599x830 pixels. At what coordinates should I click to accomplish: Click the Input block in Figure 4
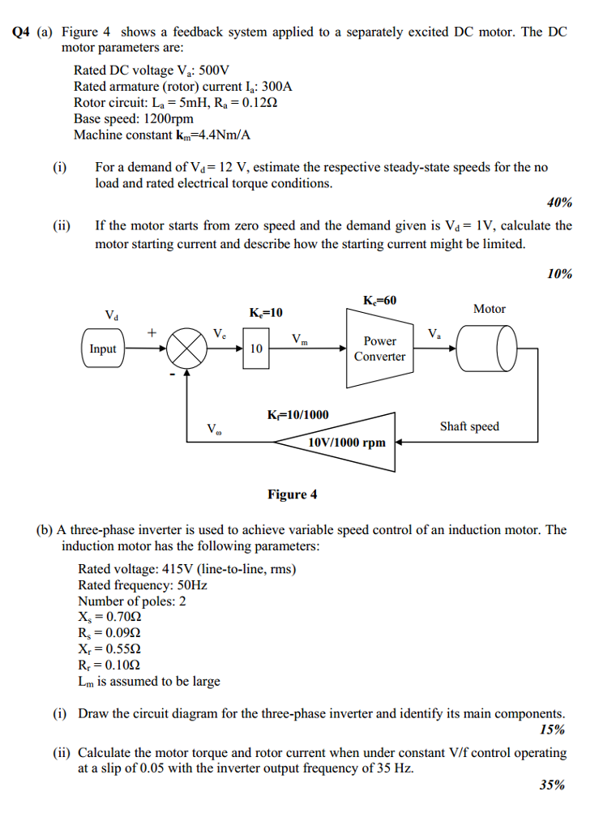click(103, 348)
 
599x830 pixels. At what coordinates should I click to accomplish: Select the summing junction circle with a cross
click(186, 349)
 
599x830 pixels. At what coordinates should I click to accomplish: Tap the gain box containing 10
click(256, 348)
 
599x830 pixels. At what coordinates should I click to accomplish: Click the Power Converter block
click(380, 349)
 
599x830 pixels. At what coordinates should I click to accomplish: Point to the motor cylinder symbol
click(486, 349)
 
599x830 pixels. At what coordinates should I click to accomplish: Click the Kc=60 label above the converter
click(379, 300)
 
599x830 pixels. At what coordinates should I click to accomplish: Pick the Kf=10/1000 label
click(298, 414)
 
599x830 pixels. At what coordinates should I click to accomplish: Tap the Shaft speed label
click(469, 426)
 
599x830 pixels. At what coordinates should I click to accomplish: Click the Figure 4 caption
click(292, 494)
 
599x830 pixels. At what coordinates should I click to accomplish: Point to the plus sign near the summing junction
click(152, 332)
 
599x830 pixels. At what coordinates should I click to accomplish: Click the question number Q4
click(21, 32)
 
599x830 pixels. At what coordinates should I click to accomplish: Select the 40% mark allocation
click(559, 202)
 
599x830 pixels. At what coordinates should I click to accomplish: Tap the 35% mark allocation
click(553, 785)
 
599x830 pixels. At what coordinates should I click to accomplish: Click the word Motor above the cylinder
click(490, 309)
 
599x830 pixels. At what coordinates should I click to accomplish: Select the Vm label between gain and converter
click(300, 339)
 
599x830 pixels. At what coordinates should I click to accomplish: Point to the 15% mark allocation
click(553, 729)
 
